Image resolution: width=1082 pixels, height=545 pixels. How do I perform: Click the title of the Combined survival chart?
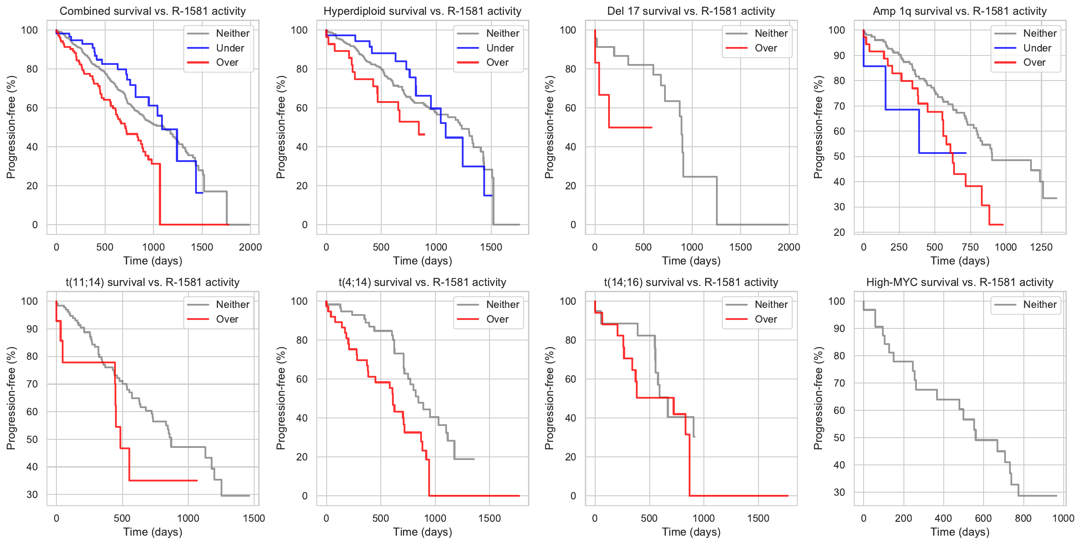coord(153,11)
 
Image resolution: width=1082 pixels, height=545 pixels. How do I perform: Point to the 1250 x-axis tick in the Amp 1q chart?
coord(1041,247)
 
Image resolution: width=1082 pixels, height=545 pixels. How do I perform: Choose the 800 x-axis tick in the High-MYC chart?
coord(1023,518)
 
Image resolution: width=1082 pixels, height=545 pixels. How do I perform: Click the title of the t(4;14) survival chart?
coord(422,282)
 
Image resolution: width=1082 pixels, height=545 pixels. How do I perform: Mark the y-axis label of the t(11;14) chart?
coord(11,398)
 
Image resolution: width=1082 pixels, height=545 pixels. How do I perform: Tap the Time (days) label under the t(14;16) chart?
coord(691,532)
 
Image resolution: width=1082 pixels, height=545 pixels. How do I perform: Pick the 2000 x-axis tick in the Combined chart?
coord(250,247)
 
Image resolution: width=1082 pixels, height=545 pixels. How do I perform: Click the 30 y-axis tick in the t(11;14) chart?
coord(32,494)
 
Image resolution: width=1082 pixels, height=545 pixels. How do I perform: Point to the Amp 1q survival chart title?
coord(960,11)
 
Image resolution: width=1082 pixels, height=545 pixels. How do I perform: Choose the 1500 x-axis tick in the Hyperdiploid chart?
coord(491,247)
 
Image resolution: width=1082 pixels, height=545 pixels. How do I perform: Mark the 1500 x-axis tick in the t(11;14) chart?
coord(254,518)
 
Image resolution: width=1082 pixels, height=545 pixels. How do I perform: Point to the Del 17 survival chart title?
coord(691,11)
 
